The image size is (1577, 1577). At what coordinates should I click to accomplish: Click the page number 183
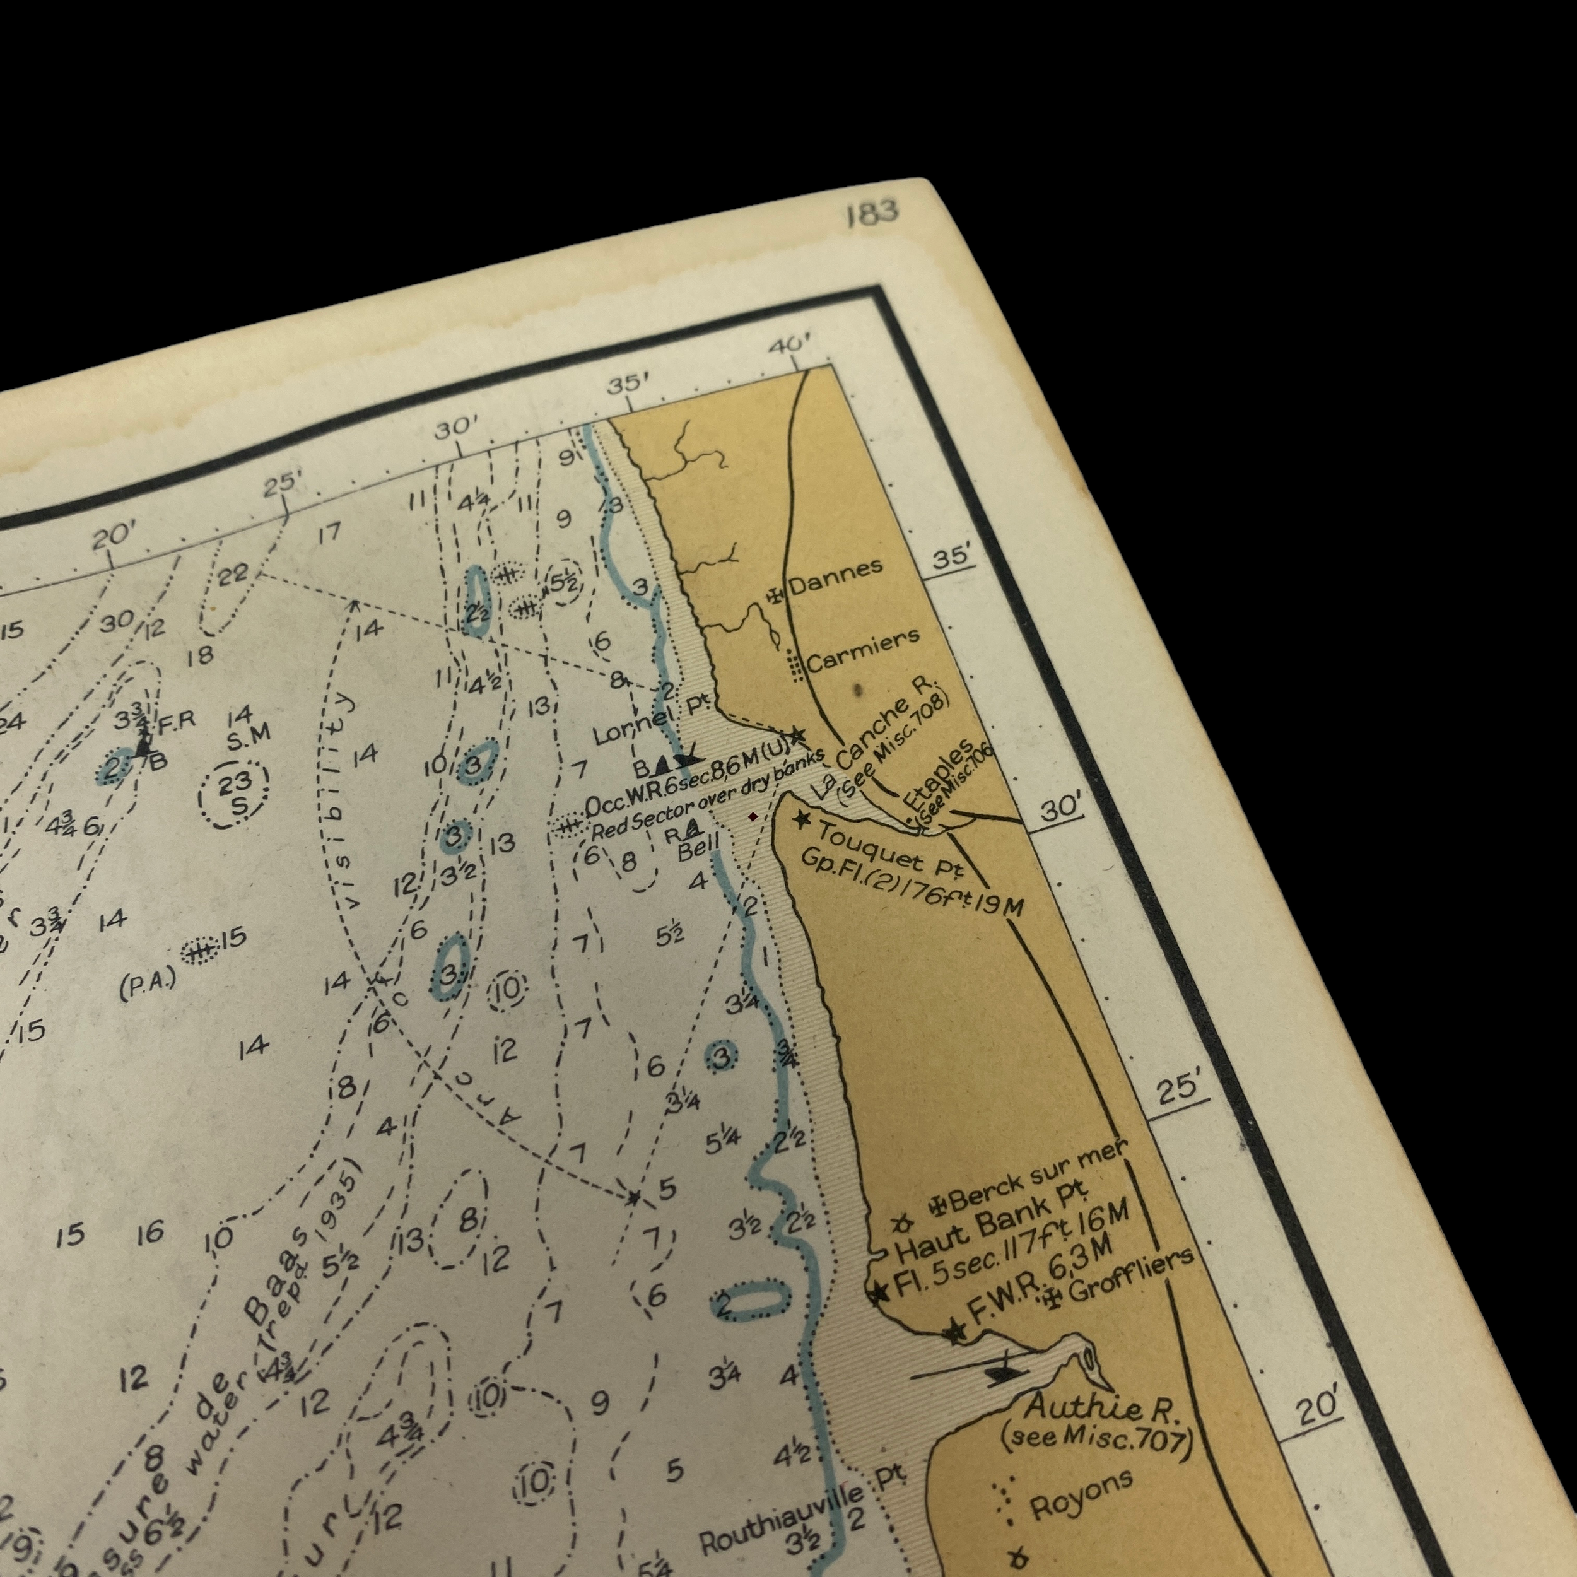coord(872,211)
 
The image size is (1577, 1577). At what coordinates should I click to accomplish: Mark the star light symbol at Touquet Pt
coord(803,818)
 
